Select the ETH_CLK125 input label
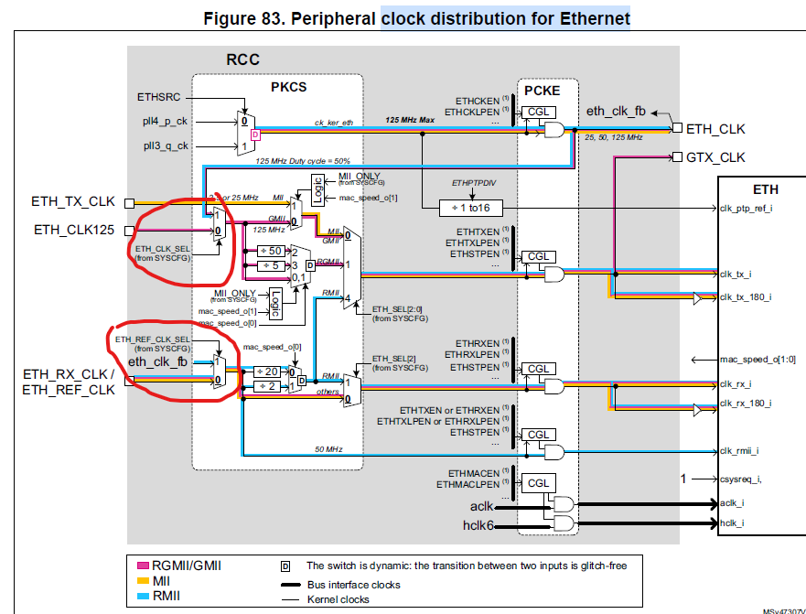(x=74, y=229)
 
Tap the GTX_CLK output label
(x=717, y=156)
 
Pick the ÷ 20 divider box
(x=268, y=372)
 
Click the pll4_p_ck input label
(x=166, y=121)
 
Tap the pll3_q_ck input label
(x=166, y=145)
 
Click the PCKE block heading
(x=542, y=91)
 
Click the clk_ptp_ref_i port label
(x=746, y=209)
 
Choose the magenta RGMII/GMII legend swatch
(x=144, y=566)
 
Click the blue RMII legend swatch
(x=144, y=595)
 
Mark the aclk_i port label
(x=731, y=503)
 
